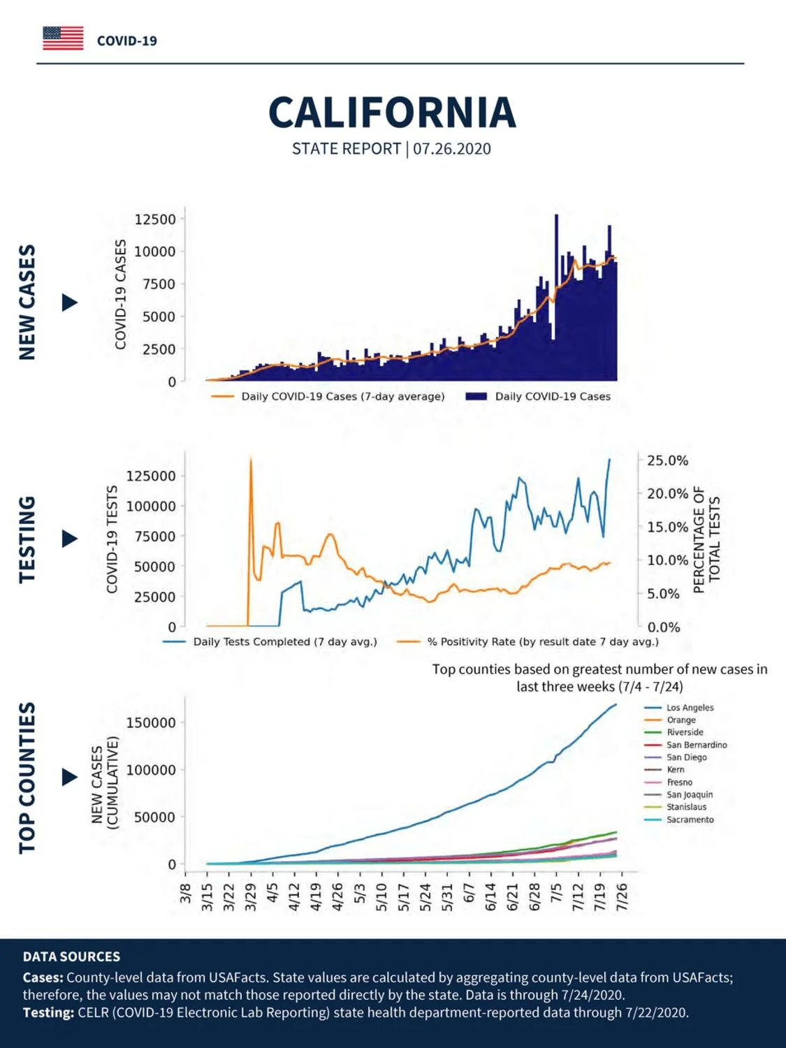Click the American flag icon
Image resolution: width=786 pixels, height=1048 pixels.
tap(63, 38)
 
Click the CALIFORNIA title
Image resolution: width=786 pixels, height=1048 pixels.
tap(392, 112)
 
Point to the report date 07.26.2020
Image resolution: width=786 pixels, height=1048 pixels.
tap(451, 149)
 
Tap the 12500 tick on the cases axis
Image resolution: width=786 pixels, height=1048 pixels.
tap(156, 219)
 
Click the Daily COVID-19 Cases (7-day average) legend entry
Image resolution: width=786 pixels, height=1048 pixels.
tap(328, 396)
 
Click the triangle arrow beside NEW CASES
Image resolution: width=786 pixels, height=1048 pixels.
tap(70, 303)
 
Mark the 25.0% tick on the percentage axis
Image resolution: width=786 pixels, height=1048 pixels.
tap(668, 460)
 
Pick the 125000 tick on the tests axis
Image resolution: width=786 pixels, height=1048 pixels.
tap(151, 476)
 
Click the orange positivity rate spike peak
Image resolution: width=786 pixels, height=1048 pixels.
tap(251, 459)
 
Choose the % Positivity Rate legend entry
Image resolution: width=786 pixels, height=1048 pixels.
tap(527, 641)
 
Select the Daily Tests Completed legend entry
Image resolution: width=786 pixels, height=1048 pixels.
tap(270, 641)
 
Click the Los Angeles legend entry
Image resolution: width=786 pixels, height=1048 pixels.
tap(679, 708)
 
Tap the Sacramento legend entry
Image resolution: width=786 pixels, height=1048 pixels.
tap(679, 820)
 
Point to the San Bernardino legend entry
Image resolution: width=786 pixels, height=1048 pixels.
tap(686, 745)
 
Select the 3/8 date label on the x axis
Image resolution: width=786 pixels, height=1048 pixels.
tap(186, 893)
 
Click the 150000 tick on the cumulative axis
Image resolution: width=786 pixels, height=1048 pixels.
tap(151, 722)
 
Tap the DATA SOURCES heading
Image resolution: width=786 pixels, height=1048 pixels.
tap(71, 956)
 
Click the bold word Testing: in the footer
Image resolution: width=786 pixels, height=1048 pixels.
tap(48, 1012)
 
